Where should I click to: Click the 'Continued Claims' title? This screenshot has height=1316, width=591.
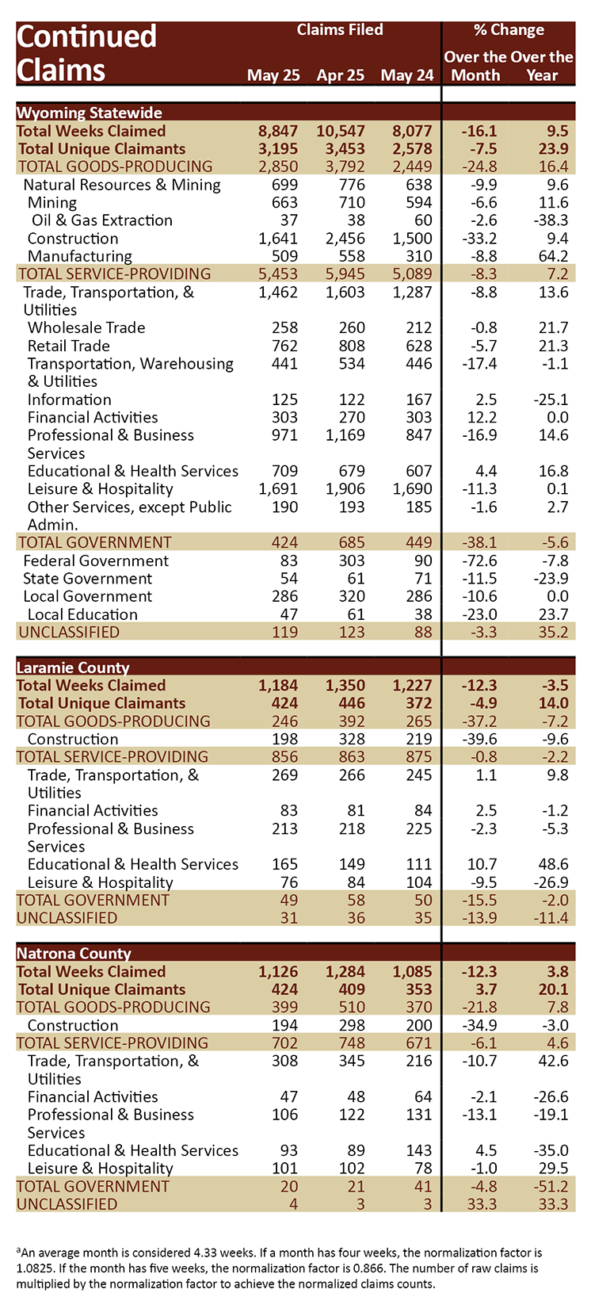pyautogui.click(x=87, y=53)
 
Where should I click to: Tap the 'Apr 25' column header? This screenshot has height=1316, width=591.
pyautogui.click(x=341, y=75)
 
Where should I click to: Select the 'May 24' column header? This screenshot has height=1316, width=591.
pyautogui.click(x=407, y=75)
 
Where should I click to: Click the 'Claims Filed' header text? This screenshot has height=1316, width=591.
pyautogui.click(x=340, y=29)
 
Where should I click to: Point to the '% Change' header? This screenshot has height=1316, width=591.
pyautogui.click(x=509, y=29)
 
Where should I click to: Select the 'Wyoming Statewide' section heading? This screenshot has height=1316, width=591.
pyautogui.click(x=90, y=113)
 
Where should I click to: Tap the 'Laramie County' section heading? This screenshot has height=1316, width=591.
pyautogui.click(x=73, y=668)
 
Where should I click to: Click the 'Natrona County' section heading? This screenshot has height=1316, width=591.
pyautogui.click(x=74, y=953)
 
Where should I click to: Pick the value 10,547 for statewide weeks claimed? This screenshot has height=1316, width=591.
pyautogui.click(x=341, y=131)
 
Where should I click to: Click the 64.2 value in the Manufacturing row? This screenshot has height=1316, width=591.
pyautogui.click(x=554, y=256)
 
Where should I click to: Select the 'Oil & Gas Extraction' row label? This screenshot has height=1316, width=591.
pyautogui.click(x=102, y=220)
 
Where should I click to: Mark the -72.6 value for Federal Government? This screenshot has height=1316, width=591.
pyautogui.click(x=479, y=560)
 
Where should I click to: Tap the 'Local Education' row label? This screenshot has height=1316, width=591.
pyautogui.click(x=82, y=614)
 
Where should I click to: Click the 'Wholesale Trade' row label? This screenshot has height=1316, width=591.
pyautogui.click(x=86, y=328)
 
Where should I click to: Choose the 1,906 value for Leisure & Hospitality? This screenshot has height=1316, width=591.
pyautogui.click(x=345, y=489)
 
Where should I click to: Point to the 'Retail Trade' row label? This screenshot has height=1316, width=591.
pyautogui.click(x=69, y=346)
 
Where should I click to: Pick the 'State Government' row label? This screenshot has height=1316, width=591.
pyautogui.click(x=87, y=579)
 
